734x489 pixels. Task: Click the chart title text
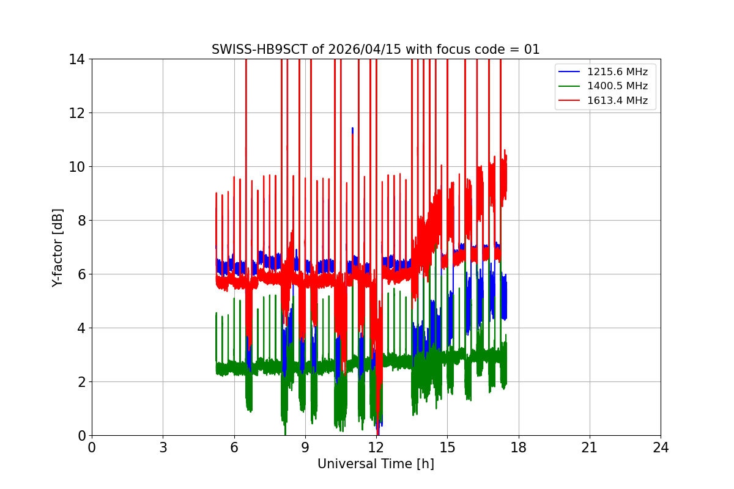pos(376,50)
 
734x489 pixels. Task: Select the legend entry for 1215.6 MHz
pos(621,72)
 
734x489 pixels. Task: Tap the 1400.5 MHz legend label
pos(621,86)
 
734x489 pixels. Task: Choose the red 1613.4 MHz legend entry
pos(621,101)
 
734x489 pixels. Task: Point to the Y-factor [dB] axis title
pos(57,247)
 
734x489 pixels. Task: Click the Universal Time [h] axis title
pos(376,464)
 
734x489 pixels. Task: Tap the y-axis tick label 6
pos(80,274)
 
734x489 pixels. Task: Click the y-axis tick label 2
pos(80,382)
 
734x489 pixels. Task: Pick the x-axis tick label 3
pos(163,447)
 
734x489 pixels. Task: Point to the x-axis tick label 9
pos(305,447)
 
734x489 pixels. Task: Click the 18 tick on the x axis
pos(519,447)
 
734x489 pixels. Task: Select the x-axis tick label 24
pos(661,447)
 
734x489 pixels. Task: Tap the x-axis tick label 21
pos(590,447)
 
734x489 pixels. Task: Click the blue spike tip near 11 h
pos(352,128)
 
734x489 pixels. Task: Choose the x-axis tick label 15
pos(447,447)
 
